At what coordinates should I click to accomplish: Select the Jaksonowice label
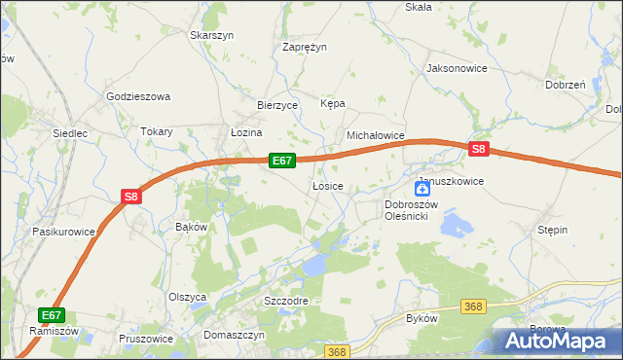point(456,69)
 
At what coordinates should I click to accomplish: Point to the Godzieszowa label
point(138,96)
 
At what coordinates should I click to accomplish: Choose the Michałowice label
point(376,137)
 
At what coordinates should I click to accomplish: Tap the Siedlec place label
point(71,132)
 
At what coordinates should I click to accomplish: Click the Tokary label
point(157,131)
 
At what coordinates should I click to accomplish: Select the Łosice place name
point(326,185)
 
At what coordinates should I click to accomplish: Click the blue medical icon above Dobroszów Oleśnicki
point(423,189)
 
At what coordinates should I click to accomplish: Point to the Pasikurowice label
point(63,232)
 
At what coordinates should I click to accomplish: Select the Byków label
point(421,318)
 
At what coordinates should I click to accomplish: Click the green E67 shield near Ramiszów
point(52,314)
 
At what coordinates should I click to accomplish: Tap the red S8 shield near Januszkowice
point(477,150)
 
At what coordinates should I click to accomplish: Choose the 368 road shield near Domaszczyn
point(337,352)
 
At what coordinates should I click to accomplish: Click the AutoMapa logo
point(558,342)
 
